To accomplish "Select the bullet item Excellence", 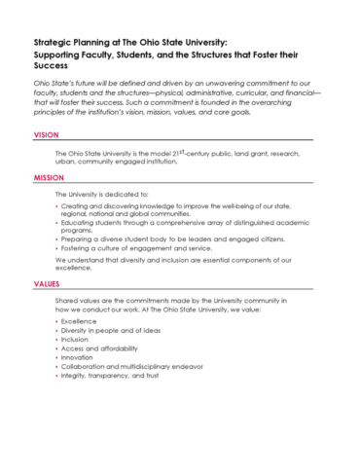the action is click(x=79, y=320).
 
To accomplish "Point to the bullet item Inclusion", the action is click(x=76, y=340).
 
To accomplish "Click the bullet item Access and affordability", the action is click(x=100, y=348).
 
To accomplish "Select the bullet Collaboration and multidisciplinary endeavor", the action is click(x=129, y=367).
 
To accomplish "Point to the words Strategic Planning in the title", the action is click(x=69, y=44).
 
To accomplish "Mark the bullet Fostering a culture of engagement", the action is click(x=133, y=248).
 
